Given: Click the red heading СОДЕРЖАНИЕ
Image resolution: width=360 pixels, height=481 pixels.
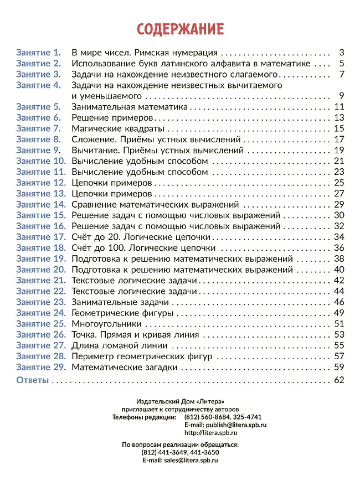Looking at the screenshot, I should coord(180,29).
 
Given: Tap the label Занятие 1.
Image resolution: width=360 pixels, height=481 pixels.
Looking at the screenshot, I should coord(38,53).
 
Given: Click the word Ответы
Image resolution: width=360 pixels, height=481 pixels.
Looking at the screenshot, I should coord(32,380).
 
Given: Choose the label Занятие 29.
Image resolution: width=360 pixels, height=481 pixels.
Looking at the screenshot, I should coord(41,367).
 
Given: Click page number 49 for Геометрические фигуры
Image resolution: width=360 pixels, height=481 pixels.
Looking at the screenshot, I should coord(340,313).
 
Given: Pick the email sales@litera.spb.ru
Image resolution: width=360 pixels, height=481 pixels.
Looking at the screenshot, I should coord(191,460).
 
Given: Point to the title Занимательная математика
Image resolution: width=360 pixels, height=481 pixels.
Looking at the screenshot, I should coord(130,107).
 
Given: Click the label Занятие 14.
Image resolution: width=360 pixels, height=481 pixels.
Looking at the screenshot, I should coord(41,205).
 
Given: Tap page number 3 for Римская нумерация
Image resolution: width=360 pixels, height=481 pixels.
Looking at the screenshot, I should coord(342,53).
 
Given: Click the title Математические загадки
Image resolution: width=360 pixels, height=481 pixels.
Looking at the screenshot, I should coord(125,367).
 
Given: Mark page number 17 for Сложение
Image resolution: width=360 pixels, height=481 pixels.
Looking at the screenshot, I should coord(340,139).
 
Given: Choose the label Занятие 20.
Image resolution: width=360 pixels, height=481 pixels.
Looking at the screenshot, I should coord(41,270).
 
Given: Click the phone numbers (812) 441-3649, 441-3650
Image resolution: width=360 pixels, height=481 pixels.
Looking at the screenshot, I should coord(180,452).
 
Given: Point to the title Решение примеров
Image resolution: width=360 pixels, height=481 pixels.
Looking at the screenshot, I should coord(112,118).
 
